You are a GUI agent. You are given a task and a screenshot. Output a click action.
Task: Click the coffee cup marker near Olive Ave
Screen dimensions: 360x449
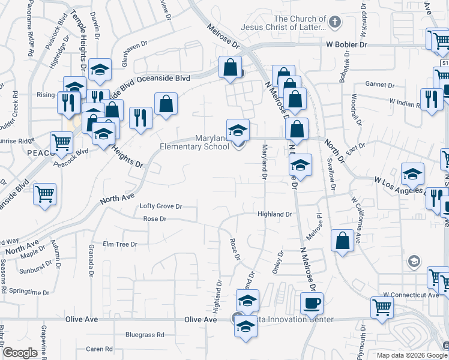pyautogui.click(x=311, y=304)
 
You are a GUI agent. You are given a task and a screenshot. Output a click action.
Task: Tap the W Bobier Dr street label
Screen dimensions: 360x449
pyautogui.click(x=346, y=44)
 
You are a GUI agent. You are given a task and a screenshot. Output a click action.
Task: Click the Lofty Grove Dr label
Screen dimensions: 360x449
pyautogui.click(x=160, y=206)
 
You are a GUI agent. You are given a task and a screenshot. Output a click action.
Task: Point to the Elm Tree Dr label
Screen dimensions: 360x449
pyautogui.click(x=120, y=244)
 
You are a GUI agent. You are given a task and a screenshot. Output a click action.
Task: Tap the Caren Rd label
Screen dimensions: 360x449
pyautogui.click(x=99, y=349)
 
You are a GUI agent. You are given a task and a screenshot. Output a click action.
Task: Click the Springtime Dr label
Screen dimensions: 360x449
pyautogui.click(x=29, y=292)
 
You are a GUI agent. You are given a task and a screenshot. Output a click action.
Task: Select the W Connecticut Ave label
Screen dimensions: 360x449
pyautogui.click(x=411, y=295)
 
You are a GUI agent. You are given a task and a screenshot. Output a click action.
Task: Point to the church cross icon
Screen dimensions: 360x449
pyautogui.click(x=334, y=23)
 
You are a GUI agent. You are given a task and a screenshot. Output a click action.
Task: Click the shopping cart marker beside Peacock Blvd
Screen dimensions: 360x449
pyautogui.click(x=61, y=143)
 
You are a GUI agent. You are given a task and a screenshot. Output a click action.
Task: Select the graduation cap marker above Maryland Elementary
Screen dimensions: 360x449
pyautogui.click(x=238, y=130)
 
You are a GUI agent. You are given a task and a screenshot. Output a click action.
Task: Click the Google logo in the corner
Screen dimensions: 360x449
pyautogui.click(x=20, y=353)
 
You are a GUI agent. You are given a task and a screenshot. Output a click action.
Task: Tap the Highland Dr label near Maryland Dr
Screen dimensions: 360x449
pyautogui.click(x=274, y=214)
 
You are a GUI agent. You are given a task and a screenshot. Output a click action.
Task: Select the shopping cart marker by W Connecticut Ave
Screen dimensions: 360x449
pyautogui.click(x=382, y=307)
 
